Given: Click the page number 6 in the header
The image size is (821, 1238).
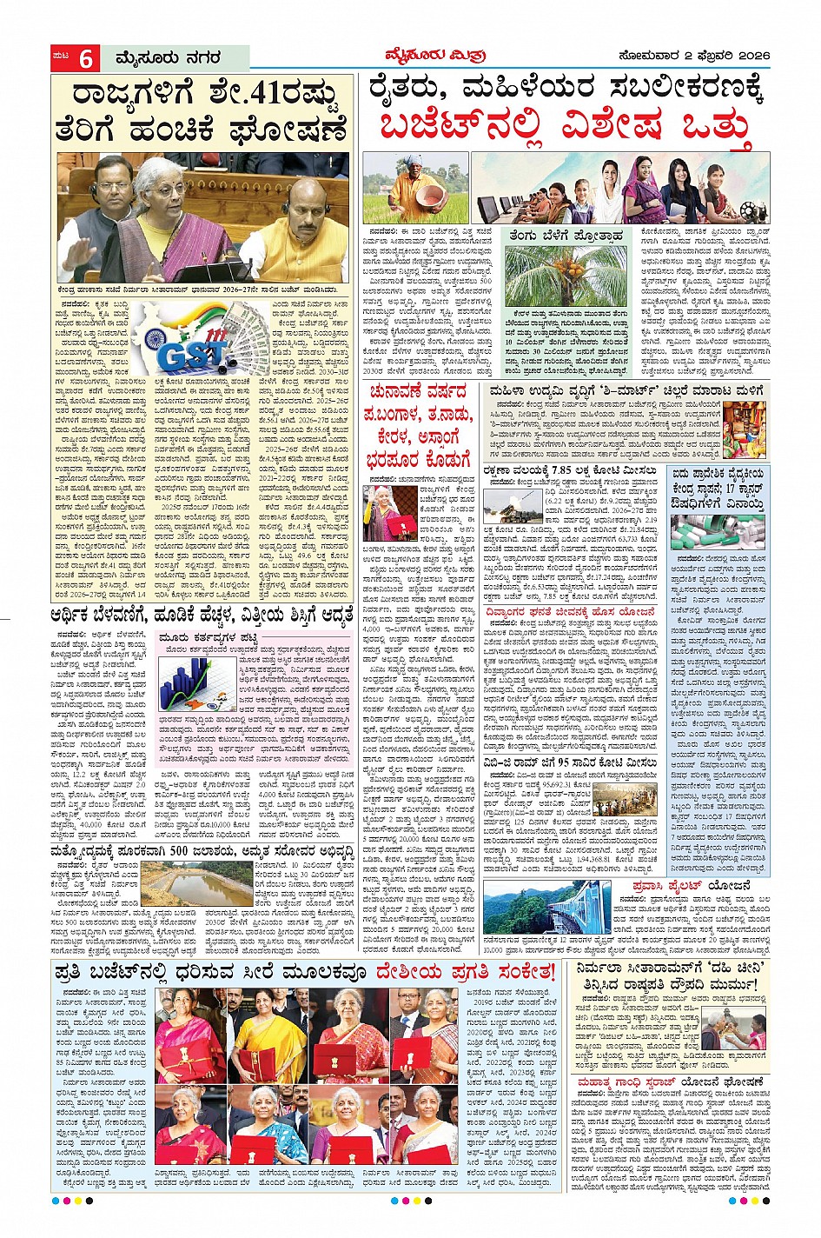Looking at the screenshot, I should pyautogui.click(x=86, y=59).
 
